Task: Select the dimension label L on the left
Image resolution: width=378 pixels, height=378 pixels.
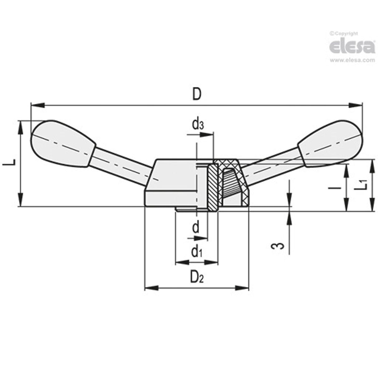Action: (x=10, y=163)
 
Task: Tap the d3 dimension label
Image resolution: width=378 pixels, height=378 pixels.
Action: (x=198, y=125)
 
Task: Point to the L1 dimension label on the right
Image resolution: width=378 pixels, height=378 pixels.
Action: (x=361, y=184)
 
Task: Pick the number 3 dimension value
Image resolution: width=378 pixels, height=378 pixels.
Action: (x=279, y=246)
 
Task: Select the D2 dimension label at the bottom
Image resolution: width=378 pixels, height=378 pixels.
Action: (x=197, y=276)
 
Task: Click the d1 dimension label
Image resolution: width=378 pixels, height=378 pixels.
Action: (x=197, y=251)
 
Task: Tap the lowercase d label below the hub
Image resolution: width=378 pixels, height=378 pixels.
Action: (x=196, y=228)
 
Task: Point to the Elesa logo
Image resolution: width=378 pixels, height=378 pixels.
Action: (x=352, y=47)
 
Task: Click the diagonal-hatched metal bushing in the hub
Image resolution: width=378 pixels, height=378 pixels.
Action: (x=213, y=188)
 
